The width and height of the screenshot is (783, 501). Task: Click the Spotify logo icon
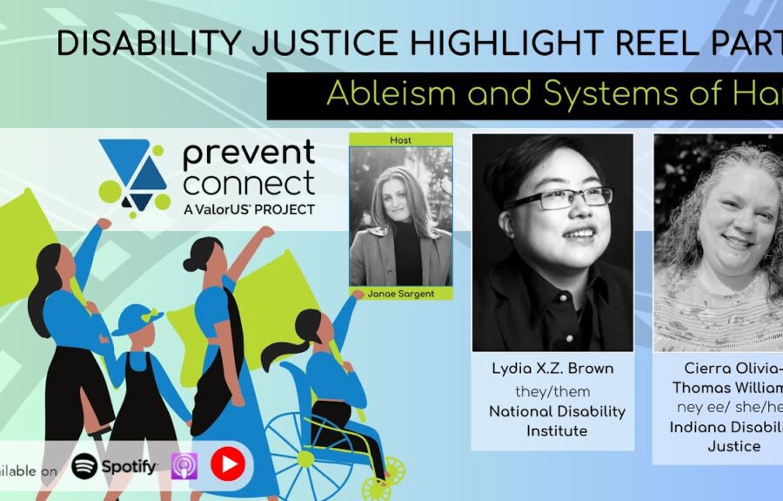pyautogui.click(x=84, y=466)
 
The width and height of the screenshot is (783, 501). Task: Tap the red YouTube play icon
pyautogui.click(x=227, y=464)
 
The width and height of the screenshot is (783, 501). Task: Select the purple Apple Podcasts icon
pyautogui.click(x=184, y=466)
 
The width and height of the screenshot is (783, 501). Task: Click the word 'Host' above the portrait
pyautogui.click(x=401, y=139)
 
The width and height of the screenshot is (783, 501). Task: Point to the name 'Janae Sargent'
pyautogui.click(x=401, y=294)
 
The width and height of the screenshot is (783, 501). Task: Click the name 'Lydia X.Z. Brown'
pyautogui.click(x=552, y=369)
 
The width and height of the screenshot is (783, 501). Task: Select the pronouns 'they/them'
pyautogui.click(x=552, y=391)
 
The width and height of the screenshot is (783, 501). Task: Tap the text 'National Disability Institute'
pyautogui.click(x=552, y=421)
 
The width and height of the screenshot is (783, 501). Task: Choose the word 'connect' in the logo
pyautogui.click(x=248, y=184)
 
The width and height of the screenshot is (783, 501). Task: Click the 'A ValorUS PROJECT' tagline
pyautogui.click(x=248, y=209)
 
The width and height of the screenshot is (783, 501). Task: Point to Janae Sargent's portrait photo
pyautogui.click(x=401, y=216)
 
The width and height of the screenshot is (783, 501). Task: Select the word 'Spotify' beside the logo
pyautogui.click(x=129, y=466)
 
